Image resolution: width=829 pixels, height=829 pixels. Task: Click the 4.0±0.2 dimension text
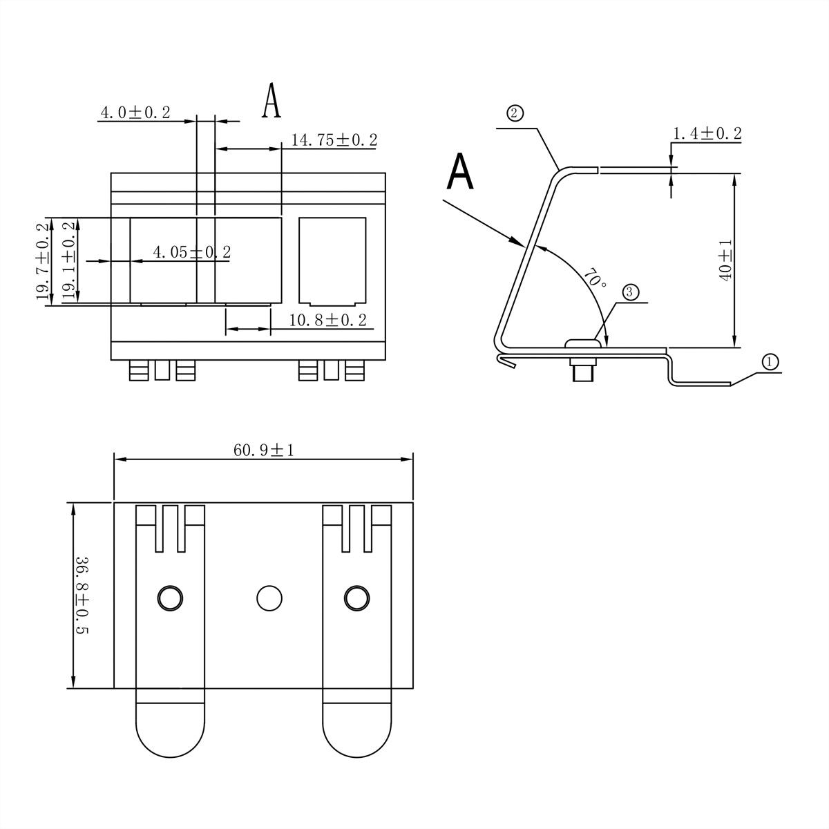(135, 113)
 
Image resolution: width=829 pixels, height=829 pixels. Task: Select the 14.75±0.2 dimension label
(334, 140)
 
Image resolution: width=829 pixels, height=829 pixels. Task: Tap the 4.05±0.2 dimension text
(191, 252)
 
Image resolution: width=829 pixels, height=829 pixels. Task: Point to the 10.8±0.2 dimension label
(327, 320)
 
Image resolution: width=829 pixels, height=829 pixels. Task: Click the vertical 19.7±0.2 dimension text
(44, 261)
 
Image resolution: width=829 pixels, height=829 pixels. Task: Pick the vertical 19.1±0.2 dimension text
(68, 260)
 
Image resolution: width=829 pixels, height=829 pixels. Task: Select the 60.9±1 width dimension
(264, 450)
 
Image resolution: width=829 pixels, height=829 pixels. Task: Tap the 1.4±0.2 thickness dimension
(707, 134)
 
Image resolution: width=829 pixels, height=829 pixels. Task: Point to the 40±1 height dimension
(725, 260)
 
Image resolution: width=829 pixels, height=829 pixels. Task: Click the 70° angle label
(595, 278)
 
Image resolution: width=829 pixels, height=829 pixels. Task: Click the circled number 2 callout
(515, 113)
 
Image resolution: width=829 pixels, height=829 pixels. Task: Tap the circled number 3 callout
(630, 292)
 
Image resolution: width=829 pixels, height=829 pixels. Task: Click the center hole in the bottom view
(269, 598)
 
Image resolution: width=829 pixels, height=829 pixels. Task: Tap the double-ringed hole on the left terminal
(170, 598)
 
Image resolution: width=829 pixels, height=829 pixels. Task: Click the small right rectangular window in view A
(332, 261)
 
